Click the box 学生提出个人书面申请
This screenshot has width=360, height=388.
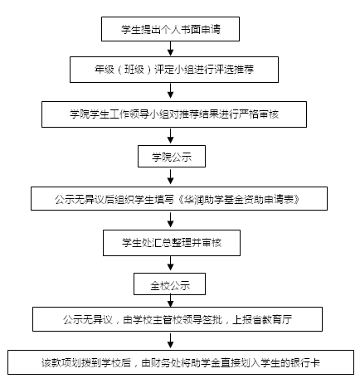click(x=170, y=29)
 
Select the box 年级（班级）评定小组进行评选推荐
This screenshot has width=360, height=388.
click(x=174, y=70)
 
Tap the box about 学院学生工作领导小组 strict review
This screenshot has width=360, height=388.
click(x=174, y=114)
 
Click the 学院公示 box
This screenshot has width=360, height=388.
click(x=172, y=157)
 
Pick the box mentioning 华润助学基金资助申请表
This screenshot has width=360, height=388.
click(x=179, y=199)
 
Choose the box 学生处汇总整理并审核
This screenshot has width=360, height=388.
click(x=172, y=243)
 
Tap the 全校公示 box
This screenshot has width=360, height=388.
click(x=169, y=284)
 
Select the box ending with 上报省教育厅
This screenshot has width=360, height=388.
click(x=178, y=319)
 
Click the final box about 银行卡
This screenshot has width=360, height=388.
click(x=181, y=362)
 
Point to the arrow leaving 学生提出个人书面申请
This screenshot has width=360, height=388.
click(x=171, y=49)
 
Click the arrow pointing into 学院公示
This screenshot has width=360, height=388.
click(x=171, y=136)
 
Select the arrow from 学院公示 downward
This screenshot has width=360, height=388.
click(x=171, y=177)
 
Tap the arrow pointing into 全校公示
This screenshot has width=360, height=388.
click(x=171, y=264)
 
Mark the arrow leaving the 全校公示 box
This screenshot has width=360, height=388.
click(x=171, y=301)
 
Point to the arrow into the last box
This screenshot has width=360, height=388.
click(x=171, y=341)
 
